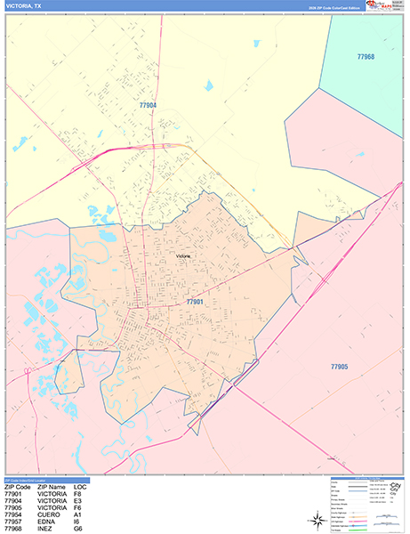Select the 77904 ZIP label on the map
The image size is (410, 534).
148,105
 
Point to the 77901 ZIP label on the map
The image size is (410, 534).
195,303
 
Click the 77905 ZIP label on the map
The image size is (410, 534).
339,367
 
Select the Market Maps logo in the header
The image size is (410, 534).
383,6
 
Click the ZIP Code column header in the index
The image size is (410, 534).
18,487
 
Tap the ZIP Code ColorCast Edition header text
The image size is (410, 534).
333,7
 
